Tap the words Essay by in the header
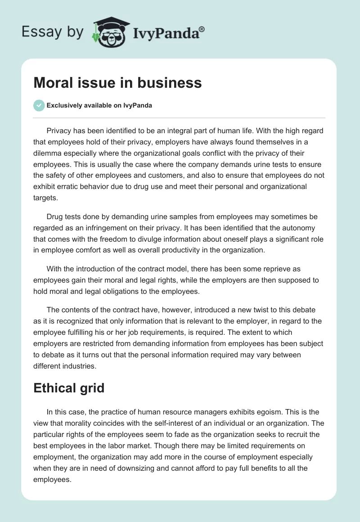52,32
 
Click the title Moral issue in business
117,83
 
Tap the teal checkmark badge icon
39,105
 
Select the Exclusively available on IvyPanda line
99,106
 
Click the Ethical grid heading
69,388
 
